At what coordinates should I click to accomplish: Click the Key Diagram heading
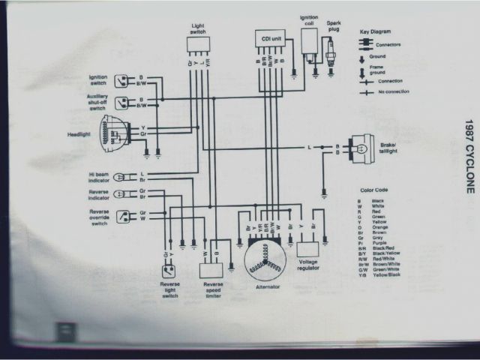[x=376, y=32]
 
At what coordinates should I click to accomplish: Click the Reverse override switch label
[x=97, y=217]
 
